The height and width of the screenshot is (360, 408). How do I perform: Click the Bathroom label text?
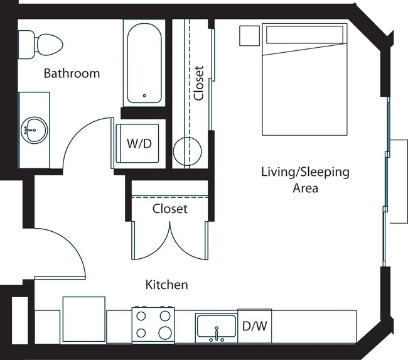tap(71, 74)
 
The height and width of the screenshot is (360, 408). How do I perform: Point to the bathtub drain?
tap(144, 95)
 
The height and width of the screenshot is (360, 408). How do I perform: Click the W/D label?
tap(139, 144)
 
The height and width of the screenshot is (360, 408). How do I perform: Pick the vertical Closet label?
tap(199, 83)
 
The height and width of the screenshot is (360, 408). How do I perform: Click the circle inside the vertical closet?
tap(187, 151)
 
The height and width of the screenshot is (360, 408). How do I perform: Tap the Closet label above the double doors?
tap(169, 209)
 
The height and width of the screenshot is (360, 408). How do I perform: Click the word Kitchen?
tap(166, 285)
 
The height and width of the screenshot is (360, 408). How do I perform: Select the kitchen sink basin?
tap(216, 327)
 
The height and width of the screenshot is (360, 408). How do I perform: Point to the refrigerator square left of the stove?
tap(84, 319)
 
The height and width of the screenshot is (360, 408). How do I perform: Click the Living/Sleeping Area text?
tap(305, 180)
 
